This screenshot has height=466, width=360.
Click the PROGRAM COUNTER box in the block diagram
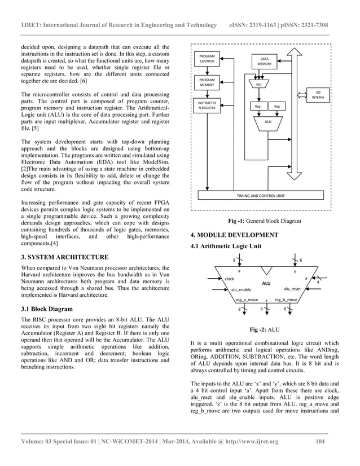coord(207,59)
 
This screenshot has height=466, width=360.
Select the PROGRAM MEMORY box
coord(207,82)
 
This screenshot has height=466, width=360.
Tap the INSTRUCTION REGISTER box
coord(207,105)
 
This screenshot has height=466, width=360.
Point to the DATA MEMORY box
coord(264,61)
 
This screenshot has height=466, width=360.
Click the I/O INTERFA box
coord(318,95)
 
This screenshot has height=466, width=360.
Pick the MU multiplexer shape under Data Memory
coord(259,84)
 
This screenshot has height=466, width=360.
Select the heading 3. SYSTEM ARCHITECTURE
coord(61,257)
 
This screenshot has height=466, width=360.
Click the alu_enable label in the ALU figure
coord(242,289)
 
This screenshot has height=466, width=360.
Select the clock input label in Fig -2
coord(230,279)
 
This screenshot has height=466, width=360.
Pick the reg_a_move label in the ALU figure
coord(247,300)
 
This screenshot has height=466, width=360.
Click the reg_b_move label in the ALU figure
coord(286,300)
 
